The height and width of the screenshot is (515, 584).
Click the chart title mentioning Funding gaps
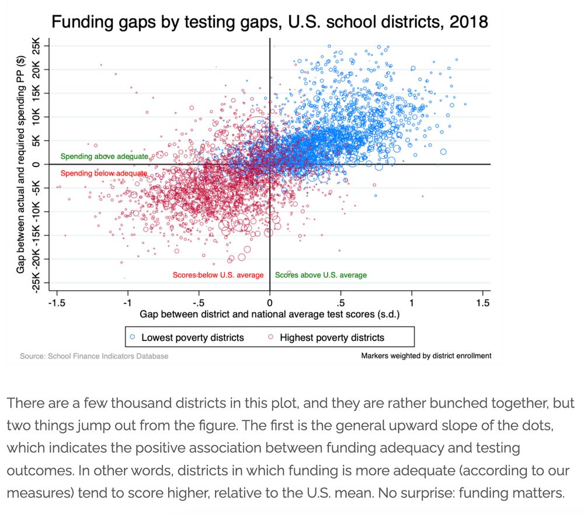269,22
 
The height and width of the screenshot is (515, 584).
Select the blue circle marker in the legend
133,337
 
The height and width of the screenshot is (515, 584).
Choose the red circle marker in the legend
271,337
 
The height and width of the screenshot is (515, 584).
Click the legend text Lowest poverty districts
193,337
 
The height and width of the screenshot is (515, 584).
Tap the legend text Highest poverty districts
332,337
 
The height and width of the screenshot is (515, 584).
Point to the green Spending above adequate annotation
104,156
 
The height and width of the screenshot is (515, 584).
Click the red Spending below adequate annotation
104,173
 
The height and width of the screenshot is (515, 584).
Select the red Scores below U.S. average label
218,275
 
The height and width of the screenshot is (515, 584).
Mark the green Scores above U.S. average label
321,275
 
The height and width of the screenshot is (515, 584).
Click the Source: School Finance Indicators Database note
94,356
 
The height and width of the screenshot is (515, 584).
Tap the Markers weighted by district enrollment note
426,356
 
